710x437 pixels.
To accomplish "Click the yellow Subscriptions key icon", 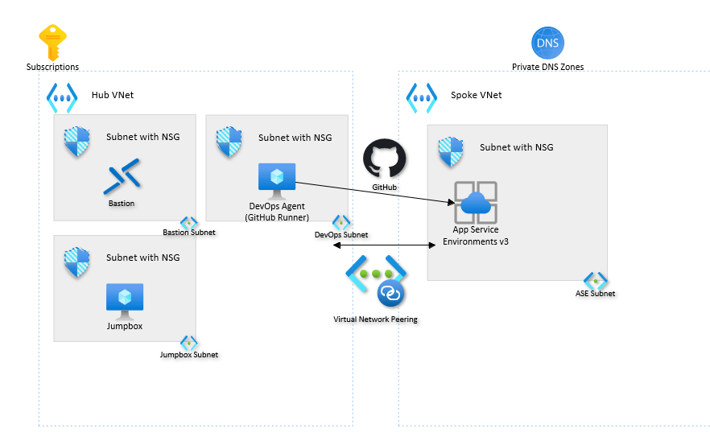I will pos(53,43).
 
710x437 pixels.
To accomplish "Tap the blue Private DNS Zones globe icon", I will pos(548,43).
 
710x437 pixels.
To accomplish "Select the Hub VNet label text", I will pos(113,95).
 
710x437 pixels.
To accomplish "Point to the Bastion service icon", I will pos(122,177).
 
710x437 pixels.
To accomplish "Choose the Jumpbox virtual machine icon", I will pos(125,299).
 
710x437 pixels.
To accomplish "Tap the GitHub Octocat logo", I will pos(384,159).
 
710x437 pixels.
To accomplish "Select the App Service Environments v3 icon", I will pos(475,203).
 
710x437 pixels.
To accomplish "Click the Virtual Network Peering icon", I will pos(376,282).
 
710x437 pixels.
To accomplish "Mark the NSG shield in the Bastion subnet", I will pos(77,142).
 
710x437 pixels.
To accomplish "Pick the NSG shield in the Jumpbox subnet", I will pos(77,262).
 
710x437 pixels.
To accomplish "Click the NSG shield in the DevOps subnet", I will pos(229,142).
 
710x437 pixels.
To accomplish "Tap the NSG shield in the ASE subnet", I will pos(451,152).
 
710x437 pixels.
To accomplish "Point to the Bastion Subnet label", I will pos(189,233).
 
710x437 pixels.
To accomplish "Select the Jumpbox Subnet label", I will pos(189,354).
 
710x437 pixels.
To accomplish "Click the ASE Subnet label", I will pos(595,293).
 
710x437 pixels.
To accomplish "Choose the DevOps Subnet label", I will pos(341,234).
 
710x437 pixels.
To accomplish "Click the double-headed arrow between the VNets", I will pos(380,245).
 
